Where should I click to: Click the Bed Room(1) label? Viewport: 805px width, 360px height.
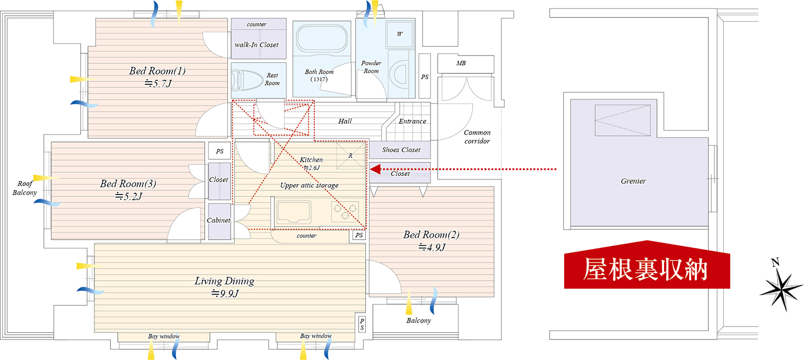tap(157, 71)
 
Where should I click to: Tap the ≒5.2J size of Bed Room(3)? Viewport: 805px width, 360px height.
tap(129, 196)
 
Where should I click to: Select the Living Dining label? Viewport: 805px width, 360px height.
tap(225, 281)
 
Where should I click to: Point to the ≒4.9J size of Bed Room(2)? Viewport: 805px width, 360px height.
tap(432, 247)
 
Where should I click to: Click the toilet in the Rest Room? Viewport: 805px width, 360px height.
tap(247, 79)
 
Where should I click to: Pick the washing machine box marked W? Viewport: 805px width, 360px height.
tap(400, 34)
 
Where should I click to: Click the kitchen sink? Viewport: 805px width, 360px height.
tap(294, 212)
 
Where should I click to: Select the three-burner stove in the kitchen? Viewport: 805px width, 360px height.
tap(345, 211)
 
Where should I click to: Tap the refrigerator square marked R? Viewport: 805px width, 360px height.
tap(350, 155)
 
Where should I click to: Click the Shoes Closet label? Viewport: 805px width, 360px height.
tap(401, 150)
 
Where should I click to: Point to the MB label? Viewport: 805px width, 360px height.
tap(461, 63)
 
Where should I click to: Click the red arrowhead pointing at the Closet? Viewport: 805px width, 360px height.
tap(375, 169)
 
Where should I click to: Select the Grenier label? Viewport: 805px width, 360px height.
tap(633, 181)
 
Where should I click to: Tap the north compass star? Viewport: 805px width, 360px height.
tap(781, 289)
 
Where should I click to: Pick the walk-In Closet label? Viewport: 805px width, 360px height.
tap(257, 45)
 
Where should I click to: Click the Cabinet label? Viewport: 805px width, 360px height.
tap(219, 220)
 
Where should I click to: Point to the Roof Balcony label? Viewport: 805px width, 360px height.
tap(25, 188)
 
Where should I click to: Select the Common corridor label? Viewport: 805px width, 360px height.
tap(477, 137)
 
